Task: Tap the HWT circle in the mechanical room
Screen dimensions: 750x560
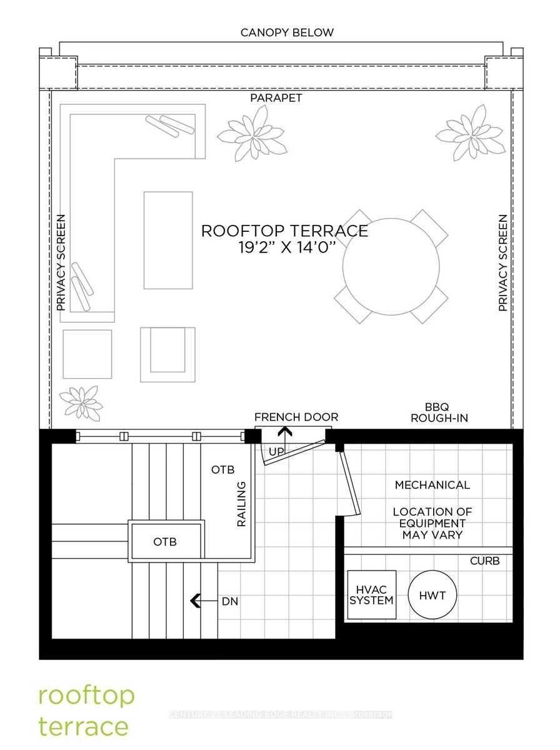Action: point(432,596)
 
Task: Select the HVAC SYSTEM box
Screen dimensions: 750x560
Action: point(371,595)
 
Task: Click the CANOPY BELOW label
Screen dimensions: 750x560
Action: point(287,32)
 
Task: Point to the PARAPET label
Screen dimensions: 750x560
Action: point(276,98)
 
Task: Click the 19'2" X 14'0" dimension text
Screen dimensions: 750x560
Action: point(284,246)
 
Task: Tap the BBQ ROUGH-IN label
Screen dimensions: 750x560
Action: point(439,412)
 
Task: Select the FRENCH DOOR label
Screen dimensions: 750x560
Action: point(296,417)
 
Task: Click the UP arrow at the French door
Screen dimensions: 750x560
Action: point(285,432)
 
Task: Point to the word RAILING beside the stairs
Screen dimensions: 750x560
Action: point(241,504)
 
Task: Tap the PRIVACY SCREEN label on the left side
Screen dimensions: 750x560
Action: point(61,263)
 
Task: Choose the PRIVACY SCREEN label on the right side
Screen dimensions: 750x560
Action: point(502,263)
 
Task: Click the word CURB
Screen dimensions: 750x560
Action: point(484,561)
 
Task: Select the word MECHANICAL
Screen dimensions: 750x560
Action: point(432,484)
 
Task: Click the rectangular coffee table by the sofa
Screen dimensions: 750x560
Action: point(167,240)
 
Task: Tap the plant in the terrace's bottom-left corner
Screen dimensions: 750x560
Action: point(81,402)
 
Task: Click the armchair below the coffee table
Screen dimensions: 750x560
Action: point(167,354)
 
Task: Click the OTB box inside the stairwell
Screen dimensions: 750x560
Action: point(166,541)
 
